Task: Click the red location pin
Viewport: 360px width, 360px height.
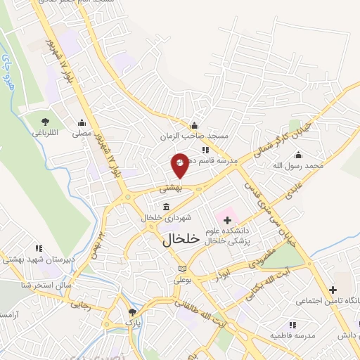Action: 180,166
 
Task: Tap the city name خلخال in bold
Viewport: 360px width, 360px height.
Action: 168,240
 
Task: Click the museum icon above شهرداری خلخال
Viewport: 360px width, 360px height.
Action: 166,207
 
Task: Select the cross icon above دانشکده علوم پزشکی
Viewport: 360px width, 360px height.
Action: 226,221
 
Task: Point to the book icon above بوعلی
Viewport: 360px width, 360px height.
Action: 183,269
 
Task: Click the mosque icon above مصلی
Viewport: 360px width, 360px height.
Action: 82,122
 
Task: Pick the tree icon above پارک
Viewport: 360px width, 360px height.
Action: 131,311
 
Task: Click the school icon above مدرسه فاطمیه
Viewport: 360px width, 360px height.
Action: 292,324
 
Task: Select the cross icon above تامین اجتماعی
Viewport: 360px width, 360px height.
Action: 333,289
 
